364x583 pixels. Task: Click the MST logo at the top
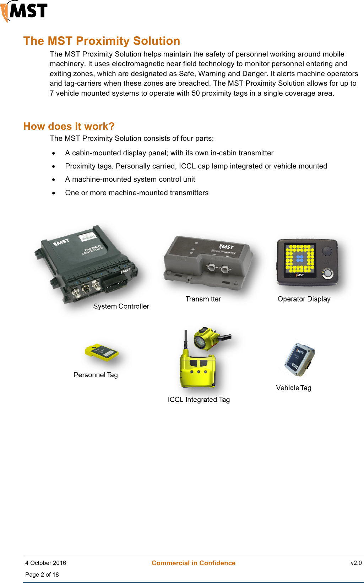click(24, 11)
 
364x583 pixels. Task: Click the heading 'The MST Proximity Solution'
click(102, 41)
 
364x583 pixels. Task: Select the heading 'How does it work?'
click(69, 126)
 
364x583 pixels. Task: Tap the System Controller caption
click(121, 306)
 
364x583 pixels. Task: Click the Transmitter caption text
click(203, 299)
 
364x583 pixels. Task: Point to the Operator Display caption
click(304, 299)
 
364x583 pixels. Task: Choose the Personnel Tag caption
click(96, 375)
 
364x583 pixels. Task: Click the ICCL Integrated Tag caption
click(199, 400)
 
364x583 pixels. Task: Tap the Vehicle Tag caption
click(293, 388)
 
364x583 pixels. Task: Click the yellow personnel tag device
click(101, 352)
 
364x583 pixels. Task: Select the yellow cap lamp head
click(205, 339)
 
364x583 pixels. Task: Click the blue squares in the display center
click(300, 258)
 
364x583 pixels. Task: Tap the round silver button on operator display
click(327, 273)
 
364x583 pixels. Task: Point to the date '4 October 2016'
click(45, 563)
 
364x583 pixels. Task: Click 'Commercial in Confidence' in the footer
click(193, 563)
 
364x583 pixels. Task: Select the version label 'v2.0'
click(356, 563)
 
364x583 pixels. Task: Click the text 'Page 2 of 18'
click(42, 574)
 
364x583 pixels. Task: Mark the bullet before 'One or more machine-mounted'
click(54, 193)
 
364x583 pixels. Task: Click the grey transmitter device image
click(208, 263)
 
